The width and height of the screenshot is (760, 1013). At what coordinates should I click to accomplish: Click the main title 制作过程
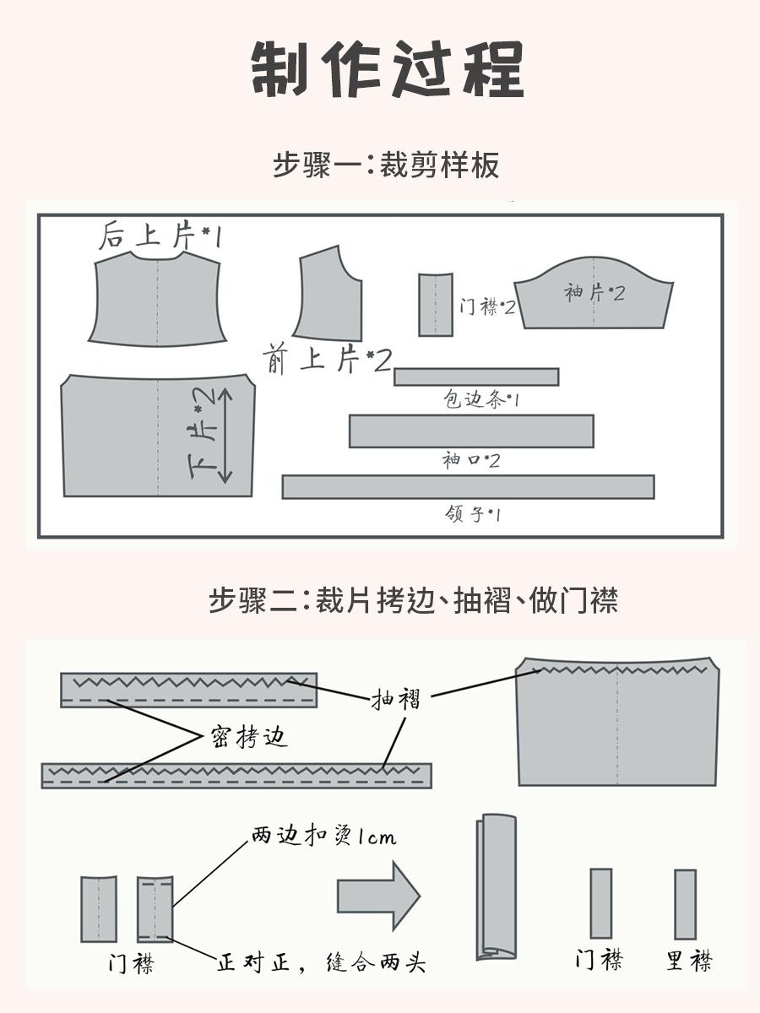coord(388,68)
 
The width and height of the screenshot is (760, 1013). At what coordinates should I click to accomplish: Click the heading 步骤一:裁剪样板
coord(386,165)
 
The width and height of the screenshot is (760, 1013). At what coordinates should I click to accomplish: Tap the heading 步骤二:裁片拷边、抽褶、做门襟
coord(413,600)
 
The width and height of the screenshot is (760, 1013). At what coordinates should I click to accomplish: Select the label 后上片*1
coord(160,236)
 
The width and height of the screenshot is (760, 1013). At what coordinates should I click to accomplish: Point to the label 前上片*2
coord(328,360)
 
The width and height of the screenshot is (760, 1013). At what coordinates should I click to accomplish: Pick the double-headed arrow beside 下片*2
coord(225,436)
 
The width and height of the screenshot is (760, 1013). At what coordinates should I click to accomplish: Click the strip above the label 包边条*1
coord(475,376)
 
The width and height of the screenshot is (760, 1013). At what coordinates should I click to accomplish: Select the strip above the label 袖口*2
coord(471,431)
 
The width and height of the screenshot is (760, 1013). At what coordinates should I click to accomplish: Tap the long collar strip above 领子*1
coord(468,487)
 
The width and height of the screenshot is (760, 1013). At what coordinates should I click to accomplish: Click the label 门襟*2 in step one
coord(486,306)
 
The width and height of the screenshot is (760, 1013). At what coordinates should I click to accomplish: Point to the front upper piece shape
coord(329,295)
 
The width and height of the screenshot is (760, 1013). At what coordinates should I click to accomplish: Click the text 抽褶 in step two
coord(395,699)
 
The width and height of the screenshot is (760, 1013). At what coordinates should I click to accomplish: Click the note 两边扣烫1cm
coord(323,837)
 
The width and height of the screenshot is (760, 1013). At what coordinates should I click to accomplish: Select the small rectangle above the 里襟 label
coord(685,904)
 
